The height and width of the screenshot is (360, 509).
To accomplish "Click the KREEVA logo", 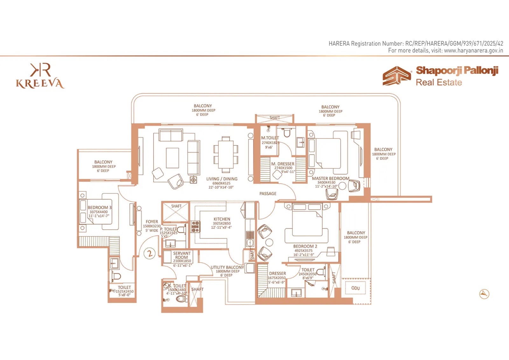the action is coord(40,76).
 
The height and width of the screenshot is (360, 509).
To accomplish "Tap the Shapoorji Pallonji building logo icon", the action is coord(397,76).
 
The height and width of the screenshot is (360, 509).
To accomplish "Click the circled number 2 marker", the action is coord(150,253).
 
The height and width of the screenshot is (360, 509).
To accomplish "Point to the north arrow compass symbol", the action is coord(484,294).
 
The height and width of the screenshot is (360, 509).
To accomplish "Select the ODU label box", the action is coord(355,288).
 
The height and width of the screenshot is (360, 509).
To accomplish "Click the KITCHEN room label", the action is coord(222,219).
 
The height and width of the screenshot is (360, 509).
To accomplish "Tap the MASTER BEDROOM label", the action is coord(331,179).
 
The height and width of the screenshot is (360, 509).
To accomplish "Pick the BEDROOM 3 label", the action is coord(100,208).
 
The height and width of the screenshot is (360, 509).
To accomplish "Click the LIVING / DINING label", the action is coord(222,179).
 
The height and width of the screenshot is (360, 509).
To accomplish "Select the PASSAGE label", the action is coord(268,194).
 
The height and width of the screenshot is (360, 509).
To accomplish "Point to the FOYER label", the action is coord(152,222).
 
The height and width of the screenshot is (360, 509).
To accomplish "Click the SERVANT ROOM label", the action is coord(182,255).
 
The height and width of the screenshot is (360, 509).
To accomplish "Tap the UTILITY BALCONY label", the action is coord(227,267).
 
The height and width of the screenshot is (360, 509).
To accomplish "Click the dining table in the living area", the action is coord(226,154).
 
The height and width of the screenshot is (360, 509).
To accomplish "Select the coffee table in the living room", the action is coord(172,158).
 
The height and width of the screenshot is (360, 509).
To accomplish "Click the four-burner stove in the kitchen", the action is coord(195,227).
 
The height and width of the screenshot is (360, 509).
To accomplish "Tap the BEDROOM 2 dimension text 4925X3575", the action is coord(303,251).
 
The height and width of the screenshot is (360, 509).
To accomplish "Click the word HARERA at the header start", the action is coord(339,43).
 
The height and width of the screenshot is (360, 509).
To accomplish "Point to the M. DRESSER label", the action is coord(283,164).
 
